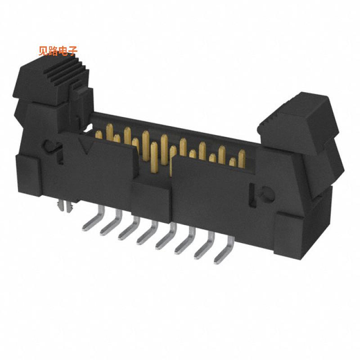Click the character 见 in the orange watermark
[x=44, y=51]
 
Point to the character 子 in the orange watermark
[x=73, y=51]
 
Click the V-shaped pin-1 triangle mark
[x=85, y=145]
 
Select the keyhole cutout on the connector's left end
[x=50, y=145]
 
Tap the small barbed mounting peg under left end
[x=67, y=207]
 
